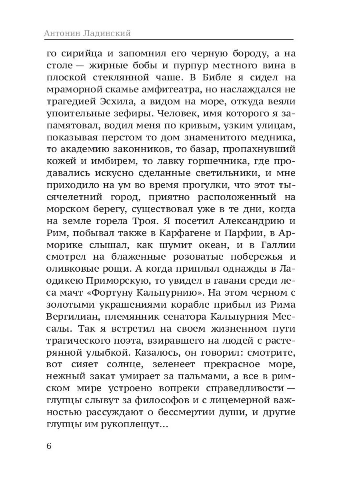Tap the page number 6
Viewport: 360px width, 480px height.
coord(49,446)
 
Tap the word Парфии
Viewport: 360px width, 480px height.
coord(237,233)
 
